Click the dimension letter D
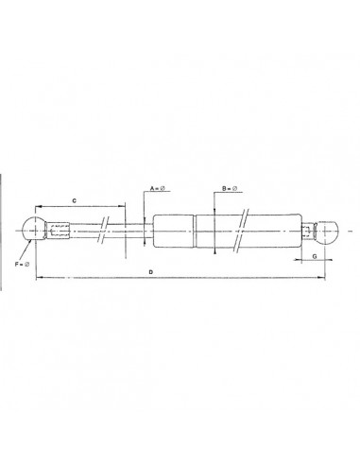(151, 272)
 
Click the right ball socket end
(325, 231)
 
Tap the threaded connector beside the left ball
(59, 229)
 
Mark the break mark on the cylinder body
(245, 230)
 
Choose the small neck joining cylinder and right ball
(308, 231)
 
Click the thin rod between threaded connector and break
(87, 229)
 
